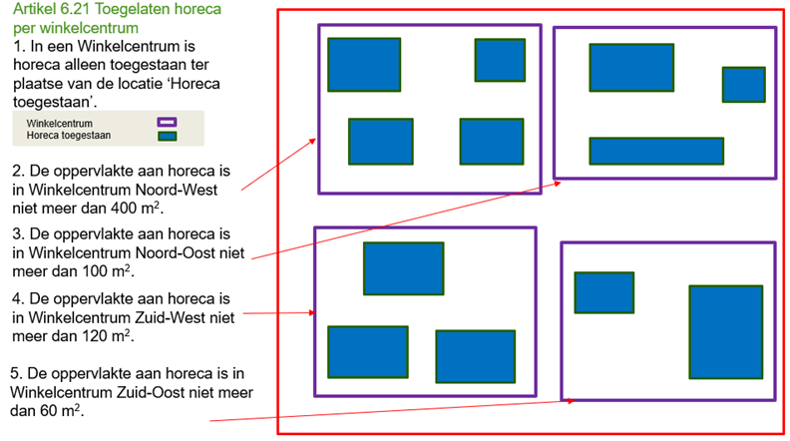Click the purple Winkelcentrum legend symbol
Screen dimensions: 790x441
[167, 123]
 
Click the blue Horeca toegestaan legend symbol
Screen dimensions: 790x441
[167, 136]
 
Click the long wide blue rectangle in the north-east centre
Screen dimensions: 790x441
[656, 151]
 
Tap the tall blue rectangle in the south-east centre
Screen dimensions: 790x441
[726, 332]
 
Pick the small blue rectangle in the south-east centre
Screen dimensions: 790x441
[604, 292]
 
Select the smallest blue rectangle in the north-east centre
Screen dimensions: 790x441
[744, 85]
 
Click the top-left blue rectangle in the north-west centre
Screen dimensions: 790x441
[364, 65]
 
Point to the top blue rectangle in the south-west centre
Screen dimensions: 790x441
[404, 268]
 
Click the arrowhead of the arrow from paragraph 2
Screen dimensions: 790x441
[313, 141]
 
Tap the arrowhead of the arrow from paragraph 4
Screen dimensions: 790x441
[311, 313]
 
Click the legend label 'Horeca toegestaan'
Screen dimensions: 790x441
[69, 136]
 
